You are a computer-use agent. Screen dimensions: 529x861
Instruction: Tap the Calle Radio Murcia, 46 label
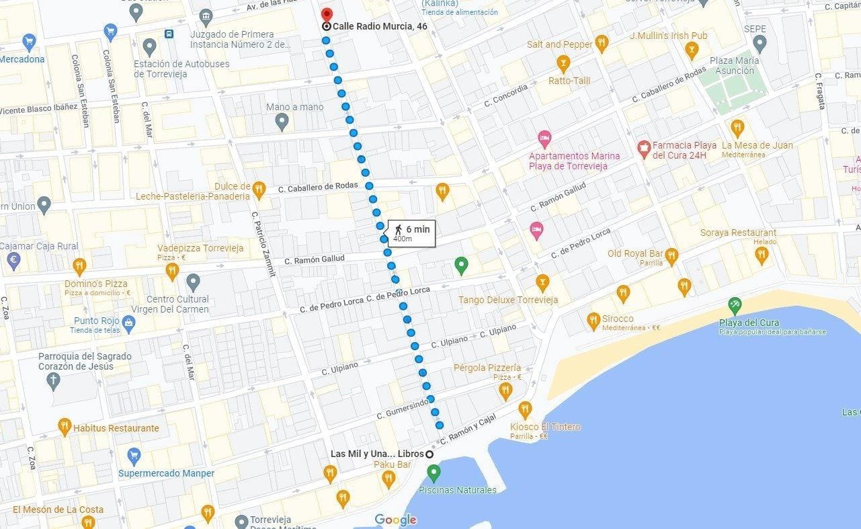click(380, 26)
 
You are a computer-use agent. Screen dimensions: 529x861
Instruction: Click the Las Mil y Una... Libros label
click(377, 454)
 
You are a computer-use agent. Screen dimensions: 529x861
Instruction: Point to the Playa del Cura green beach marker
click(735, 305)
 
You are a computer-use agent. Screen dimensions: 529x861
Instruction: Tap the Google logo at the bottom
click(395, 520)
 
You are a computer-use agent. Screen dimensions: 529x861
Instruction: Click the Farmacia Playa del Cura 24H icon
click(644, 147)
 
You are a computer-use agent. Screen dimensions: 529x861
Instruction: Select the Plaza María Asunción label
click(735, 65)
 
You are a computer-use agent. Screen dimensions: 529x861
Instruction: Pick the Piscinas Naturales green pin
click(434, 473)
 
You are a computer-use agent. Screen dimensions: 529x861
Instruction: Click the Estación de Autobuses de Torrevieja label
click(181, 69)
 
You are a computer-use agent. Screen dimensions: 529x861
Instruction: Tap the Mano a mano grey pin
click(282, 122)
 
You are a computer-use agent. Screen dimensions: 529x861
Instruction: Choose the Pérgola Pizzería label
click(487, 368)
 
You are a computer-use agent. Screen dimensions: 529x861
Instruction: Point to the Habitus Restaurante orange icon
click(65, 426)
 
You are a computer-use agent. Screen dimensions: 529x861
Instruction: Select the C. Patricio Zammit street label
click(262, 244)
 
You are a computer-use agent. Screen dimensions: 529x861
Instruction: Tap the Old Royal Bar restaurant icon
click(671, 255)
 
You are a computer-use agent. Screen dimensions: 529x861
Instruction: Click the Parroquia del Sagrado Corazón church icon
click(53, 381)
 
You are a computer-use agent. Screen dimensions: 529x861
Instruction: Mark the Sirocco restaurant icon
click(593, 320)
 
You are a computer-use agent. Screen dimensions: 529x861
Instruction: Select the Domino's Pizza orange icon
click(79, 266)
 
